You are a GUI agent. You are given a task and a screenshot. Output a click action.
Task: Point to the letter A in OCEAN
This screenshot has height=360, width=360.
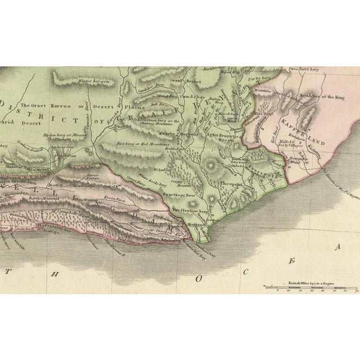click(x=338, y=247)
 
